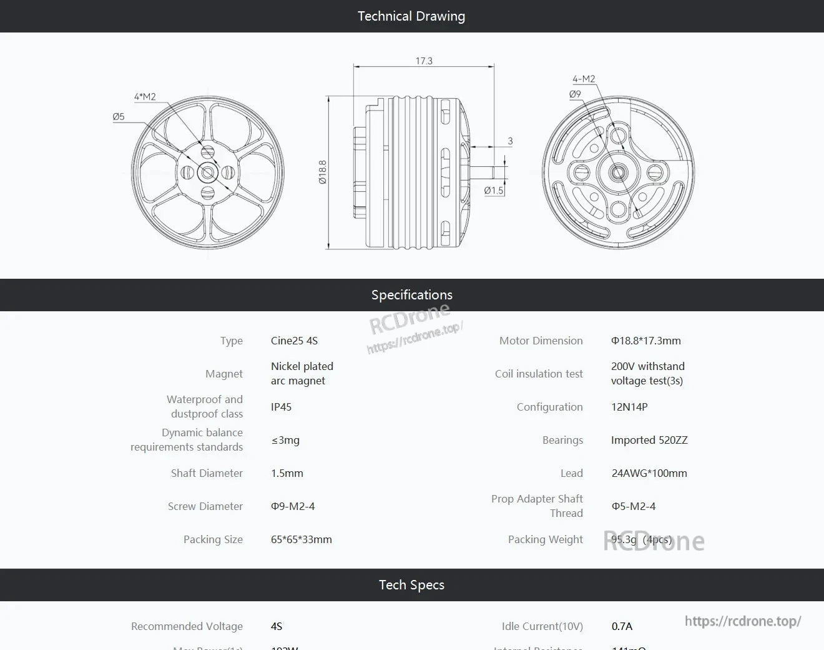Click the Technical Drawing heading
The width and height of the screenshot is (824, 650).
coord(411,16)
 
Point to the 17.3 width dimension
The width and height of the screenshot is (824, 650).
coord(424,61)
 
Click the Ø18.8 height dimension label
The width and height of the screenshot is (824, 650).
coord(322,172)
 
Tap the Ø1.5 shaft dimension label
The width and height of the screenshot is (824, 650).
coord(493,190)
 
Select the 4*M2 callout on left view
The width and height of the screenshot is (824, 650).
coord(145,96)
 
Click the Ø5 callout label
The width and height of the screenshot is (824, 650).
coord(119,116)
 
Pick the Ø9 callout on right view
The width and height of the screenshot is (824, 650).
coord(575,94)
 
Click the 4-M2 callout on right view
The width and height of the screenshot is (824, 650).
coord(584,79)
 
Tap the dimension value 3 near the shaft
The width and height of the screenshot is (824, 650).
coord(510,141)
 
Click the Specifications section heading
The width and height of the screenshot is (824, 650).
coord(411,295)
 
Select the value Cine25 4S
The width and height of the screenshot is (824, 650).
coord(294,341)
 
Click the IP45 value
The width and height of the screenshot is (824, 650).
coord(281,407)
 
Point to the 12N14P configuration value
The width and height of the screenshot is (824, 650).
coord(629,407)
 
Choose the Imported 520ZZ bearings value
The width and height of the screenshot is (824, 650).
coord(649,440)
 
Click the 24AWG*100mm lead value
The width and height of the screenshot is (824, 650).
coord(649,473)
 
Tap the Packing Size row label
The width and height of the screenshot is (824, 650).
coord(213,539)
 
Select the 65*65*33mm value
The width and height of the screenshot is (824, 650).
coord(302,539)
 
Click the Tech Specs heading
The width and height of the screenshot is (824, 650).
coord(411,585)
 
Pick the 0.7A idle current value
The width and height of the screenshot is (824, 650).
coord(622,626)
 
